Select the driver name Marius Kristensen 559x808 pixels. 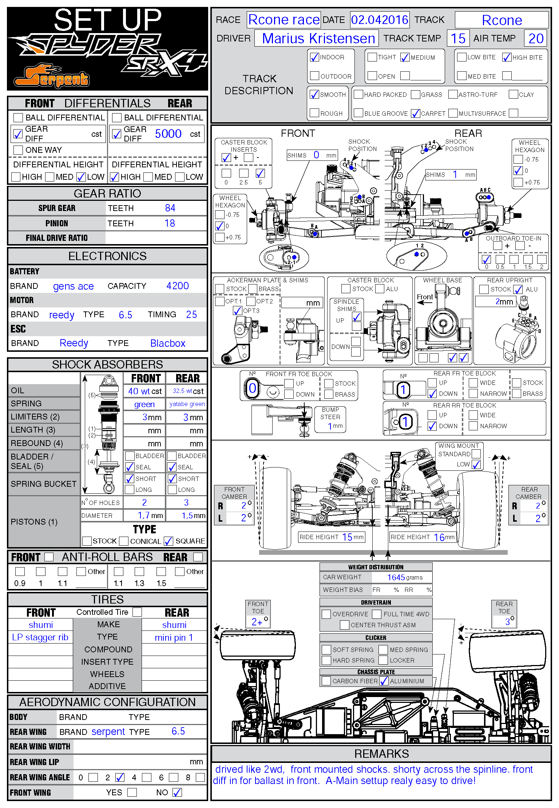tap(318, 38)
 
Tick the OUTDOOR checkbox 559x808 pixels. tap(314, 76)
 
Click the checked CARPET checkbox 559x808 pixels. tap(416, 114)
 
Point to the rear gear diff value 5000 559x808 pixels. tap(168, 134)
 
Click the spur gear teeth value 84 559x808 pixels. tap(170, 208)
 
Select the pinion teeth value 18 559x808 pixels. tap(170, 223)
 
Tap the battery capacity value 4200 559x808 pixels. tap(178, 286)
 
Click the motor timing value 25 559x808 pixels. tap(191, 315)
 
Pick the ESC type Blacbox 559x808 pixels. tap(168, 343)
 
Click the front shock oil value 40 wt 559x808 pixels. tap(139, 391)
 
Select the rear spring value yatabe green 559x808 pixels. tap(187, 404)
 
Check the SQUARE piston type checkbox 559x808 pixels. tap(168, 541)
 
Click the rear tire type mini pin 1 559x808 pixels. tap(174, 638)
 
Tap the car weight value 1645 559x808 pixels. tap(396, 578)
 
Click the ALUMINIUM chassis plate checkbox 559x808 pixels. tap(384, 681)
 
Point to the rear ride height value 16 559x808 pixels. tap(439, 537)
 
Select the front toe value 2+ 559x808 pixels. tap(257, 622)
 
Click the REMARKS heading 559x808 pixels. tap(381, 754)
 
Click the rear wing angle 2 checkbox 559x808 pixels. tap(120, 777)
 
